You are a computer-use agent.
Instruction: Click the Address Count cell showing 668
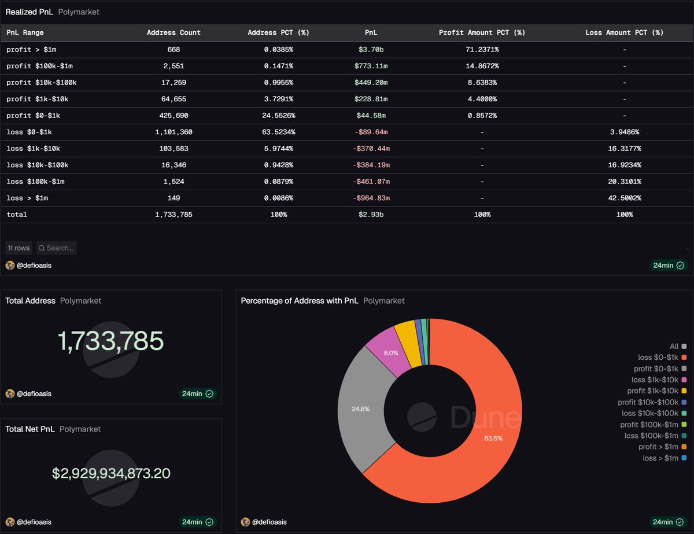pos(173,50)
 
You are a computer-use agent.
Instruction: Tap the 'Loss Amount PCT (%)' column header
pos(624,33)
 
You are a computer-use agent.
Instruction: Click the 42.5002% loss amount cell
pos(624,198)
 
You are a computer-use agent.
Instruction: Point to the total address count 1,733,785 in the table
pos(173,215)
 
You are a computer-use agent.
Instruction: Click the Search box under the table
pos(57,248)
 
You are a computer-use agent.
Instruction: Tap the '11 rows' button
pos(19,248)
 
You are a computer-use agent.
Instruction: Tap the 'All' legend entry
pos(674,346)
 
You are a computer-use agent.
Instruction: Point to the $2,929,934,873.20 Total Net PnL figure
pos(111,473)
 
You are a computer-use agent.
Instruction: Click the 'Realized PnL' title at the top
pos(29,12)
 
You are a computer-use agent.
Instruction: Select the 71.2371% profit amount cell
pos(482,50)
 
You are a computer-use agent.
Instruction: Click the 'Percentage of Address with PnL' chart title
pos(300,301)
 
